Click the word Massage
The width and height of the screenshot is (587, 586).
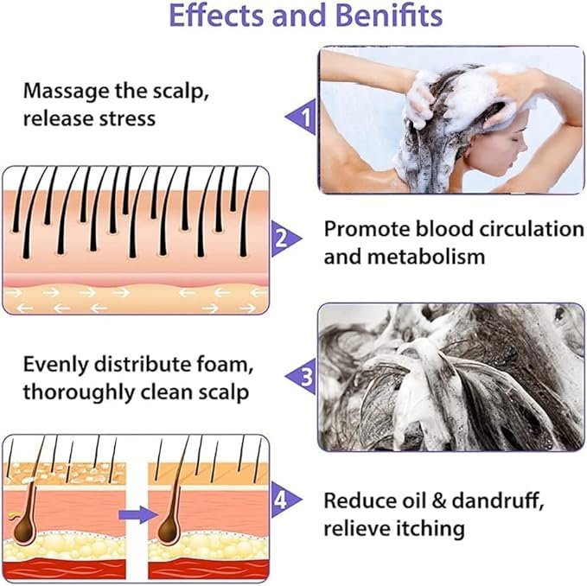click(x=68, y=90)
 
